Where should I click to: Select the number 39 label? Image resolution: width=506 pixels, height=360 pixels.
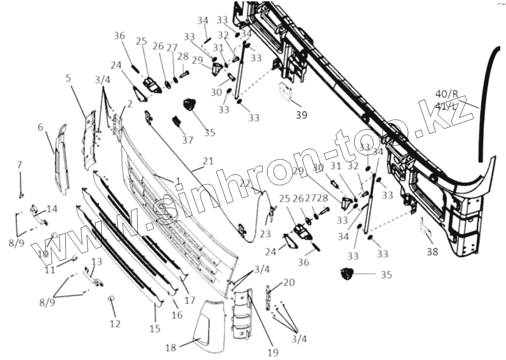point(302,115)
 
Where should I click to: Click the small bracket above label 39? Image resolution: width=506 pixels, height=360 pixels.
point(285,92)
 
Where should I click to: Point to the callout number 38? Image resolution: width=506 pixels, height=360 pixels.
point(432,252)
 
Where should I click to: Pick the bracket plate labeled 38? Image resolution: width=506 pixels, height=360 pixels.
point(425,226)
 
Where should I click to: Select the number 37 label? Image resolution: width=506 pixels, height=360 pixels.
point(187,140)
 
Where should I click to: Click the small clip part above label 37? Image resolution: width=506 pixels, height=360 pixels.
point(177,121)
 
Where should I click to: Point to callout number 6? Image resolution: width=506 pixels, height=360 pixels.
point(40,127)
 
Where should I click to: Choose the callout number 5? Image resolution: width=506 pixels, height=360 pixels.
point(68,79)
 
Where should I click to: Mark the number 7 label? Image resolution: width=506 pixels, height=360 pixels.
point(20,165)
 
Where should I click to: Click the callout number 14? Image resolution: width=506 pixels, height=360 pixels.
point(52,209)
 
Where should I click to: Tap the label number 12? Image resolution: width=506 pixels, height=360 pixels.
point(115,324)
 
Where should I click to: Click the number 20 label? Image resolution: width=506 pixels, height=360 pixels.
point(276,282)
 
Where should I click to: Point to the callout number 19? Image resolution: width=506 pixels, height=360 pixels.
point(273,352)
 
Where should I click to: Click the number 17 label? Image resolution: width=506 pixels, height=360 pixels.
point(190,300)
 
